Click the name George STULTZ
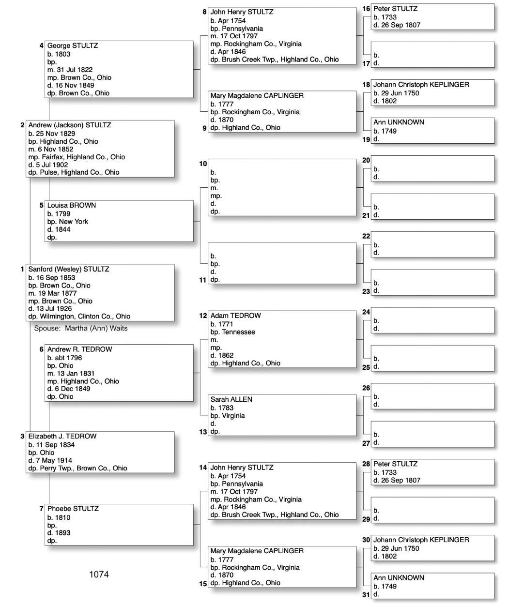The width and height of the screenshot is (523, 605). (72, 45)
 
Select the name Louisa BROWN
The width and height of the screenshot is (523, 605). (71, 205)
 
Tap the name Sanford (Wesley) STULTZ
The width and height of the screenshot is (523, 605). (68, 269)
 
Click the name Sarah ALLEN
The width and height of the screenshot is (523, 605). (231, 399)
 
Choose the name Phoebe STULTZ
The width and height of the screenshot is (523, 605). (73, 509)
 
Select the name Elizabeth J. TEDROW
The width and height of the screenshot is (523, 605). (62, 436)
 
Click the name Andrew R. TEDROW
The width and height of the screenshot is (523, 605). (79, 349)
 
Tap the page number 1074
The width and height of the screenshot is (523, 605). (99, 575)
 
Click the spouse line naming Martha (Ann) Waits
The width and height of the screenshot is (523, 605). (81, 328)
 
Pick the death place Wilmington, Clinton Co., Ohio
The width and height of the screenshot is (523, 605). (79, 317)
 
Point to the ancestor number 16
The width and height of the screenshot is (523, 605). (366, 9)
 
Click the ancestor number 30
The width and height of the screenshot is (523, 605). (366, 540)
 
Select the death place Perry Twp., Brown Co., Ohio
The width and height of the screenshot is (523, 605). (77, 468)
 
